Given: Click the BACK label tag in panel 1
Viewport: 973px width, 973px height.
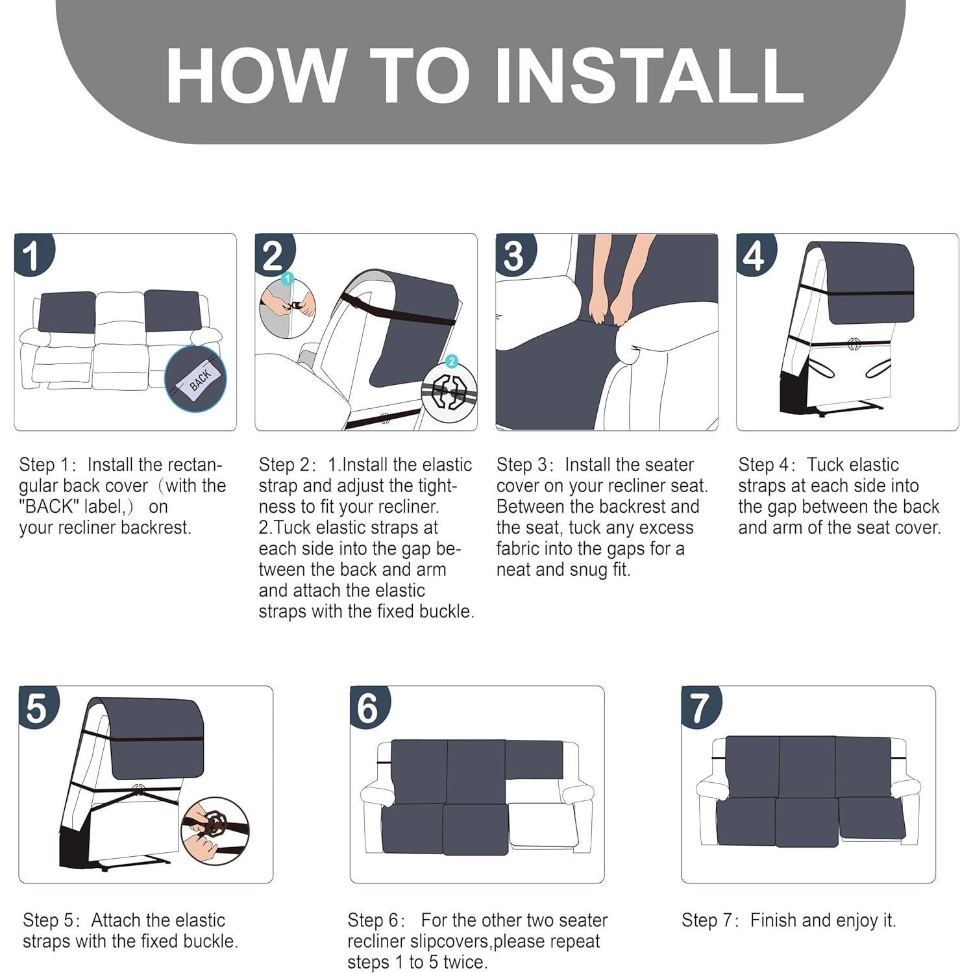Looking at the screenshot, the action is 200,380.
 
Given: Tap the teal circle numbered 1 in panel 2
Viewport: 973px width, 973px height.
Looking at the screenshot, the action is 288,279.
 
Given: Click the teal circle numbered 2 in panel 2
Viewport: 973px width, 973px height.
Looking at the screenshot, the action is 452,362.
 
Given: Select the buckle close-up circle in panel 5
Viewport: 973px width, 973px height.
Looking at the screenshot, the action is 214,831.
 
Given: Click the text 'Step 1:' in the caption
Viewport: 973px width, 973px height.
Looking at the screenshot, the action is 47,465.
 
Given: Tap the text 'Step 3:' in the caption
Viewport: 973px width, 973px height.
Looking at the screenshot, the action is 524,465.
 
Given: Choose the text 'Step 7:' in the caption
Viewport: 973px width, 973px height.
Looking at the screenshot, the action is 710,920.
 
